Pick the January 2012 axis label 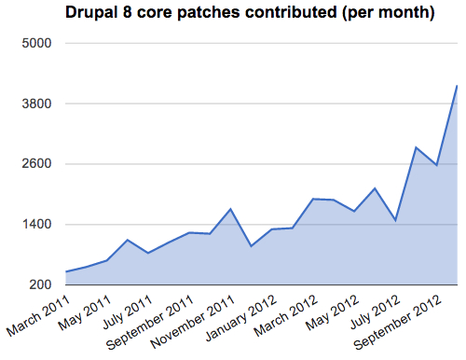click(238, 318)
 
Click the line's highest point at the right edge click(457, 86)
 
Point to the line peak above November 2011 click(231, 209)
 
